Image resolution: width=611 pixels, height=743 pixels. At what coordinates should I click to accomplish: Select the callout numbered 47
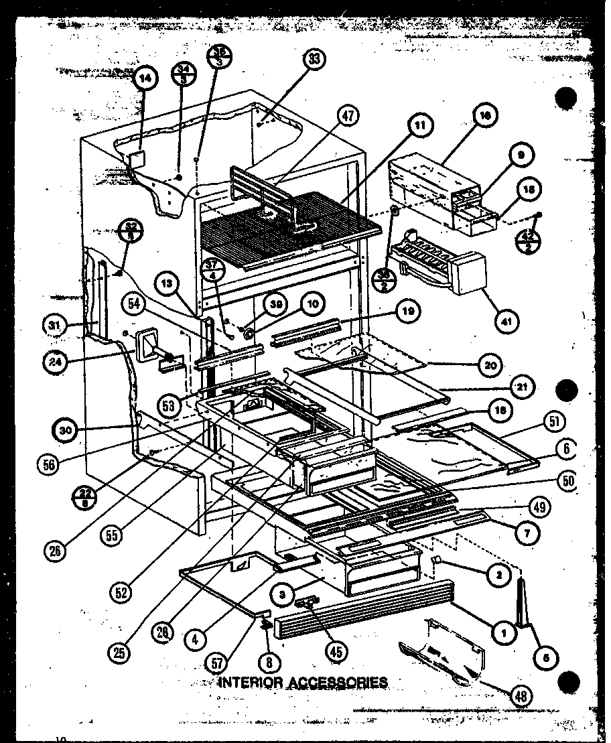click(x=348, y=115)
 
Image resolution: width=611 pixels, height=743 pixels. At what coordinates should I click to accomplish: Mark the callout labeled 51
click(x=555, y=421)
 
